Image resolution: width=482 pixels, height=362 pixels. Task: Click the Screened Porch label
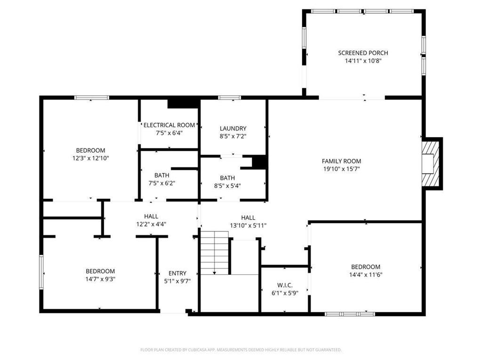pyautogui.click(x=363, y=53)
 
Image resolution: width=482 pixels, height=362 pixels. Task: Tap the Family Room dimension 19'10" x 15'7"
pyautogui.click(x=342, y=169)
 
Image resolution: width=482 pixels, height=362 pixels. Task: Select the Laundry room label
pyautogui.click(x=233, y=128)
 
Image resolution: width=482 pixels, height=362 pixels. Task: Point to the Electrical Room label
pyautogui.click(x=169, y=125)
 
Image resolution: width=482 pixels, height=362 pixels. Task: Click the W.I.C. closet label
pyautogui.click(x=285, y=285)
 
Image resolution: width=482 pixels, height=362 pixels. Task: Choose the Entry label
pyautogui.click(x=177, y=273)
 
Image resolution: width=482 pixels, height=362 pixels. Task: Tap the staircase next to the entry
pyautogui.click(x=215, y=253)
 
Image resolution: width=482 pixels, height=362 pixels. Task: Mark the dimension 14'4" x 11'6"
pyautogui.click(x=365, y=275)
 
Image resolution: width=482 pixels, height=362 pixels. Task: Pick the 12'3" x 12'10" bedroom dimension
pyautogui.click(x=91, y=158)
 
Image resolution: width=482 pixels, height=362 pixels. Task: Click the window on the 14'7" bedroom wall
pyautogui.click(x=41, y=272)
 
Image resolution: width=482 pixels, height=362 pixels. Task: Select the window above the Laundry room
pyautogui.click(x=230, y=98)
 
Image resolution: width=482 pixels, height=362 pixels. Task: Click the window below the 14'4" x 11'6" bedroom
pyautogui.click(x=350, y=314)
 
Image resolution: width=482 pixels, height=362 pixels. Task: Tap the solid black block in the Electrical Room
pyautogui.click(x=183, y=103)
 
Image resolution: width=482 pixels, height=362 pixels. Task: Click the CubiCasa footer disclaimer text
pyautogui.click(x=241, y=350)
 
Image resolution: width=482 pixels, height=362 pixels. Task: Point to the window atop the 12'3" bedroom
pyautogui.click(x=92, y=98)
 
